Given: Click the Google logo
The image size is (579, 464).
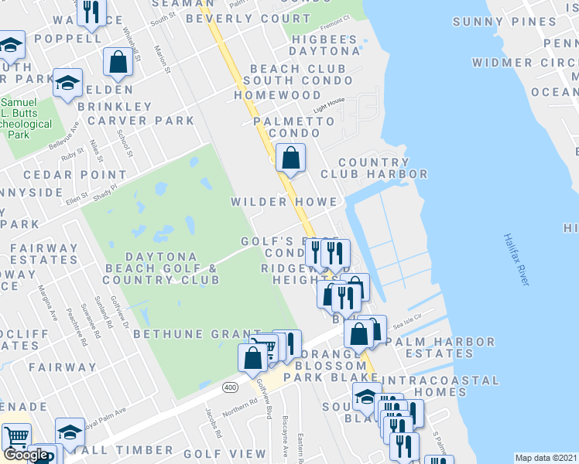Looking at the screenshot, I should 26,454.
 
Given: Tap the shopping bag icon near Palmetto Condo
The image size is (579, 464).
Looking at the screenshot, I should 290,159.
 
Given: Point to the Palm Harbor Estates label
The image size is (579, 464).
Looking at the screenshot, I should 440,348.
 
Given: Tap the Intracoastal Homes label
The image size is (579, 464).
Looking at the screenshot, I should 441,387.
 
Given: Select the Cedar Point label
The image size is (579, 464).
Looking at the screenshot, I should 63,176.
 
